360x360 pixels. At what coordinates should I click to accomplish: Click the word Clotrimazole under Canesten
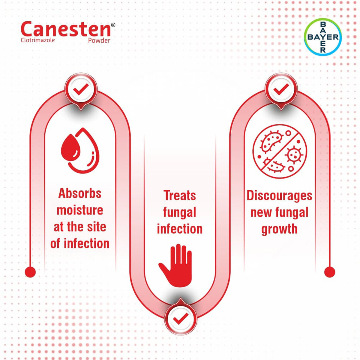[38, 40]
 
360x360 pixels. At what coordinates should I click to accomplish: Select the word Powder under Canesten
[99, 40]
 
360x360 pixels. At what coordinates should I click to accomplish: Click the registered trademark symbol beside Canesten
[113, 25]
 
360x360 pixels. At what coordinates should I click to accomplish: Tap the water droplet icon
[80, 150]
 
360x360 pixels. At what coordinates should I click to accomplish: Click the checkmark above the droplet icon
[81, 89]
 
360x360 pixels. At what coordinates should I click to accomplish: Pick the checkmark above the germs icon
[281, 89]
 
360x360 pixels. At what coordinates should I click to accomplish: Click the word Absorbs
[80, 193]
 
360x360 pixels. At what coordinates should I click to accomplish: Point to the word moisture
[80, 210]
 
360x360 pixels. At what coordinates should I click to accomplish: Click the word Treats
[180, 196]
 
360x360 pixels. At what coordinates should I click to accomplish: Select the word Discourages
[279, 196]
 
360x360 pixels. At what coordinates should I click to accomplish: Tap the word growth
[279, 229]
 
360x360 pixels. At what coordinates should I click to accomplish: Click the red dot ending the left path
[30, 272]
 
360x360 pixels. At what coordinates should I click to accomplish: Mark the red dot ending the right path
[330, 272]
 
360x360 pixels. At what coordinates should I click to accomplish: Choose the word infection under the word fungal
[180, 229]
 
